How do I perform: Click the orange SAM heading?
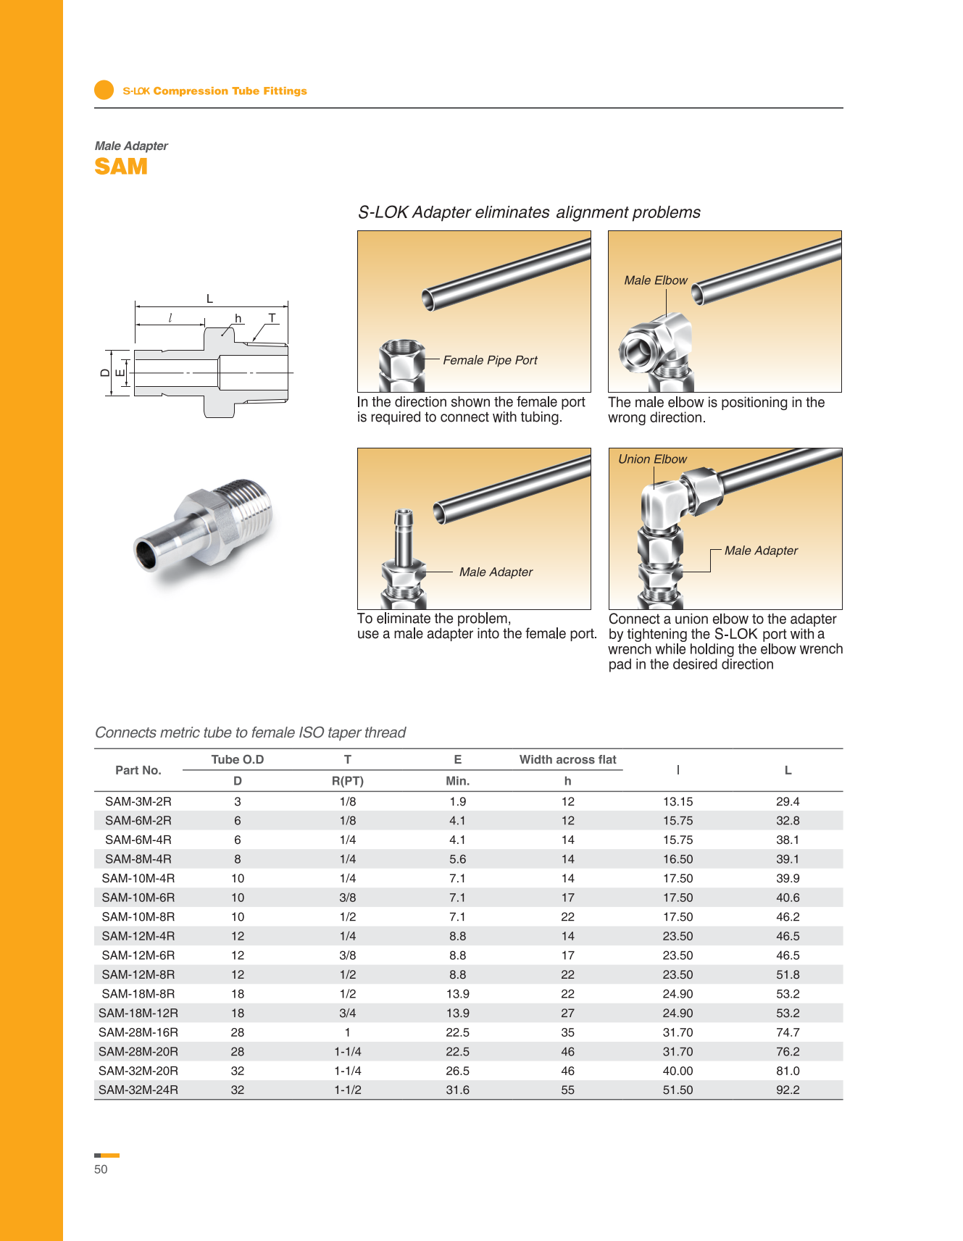coord(121,167)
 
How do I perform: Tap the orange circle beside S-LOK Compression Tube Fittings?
coord(104,90)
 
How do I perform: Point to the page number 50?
coord(101,1169)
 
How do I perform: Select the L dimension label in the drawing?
coord(209,298)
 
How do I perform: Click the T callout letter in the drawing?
coord(272,318)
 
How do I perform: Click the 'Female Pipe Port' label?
coord(490,360)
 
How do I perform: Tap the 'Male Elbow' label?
coord(656,280)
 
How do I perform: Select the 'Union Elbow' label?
coord(652,459)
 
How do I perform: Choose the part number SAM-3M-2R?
coord(138,801)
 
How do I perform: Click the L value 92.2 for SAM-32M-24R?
coord(788,1090)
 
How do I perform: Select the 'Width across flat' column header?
coord(567,759)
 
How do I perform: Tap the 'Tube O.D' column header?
coord(237,759)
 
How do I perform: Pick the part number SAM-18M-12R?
coord(138,1013)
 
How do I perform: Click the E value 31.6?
coord(457,1090)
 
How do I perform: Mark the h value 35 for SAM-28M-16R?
coord(567,1032)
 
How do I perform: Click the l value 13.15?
coord(678,801)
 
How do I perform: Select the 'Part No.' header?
coord(138,770)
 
